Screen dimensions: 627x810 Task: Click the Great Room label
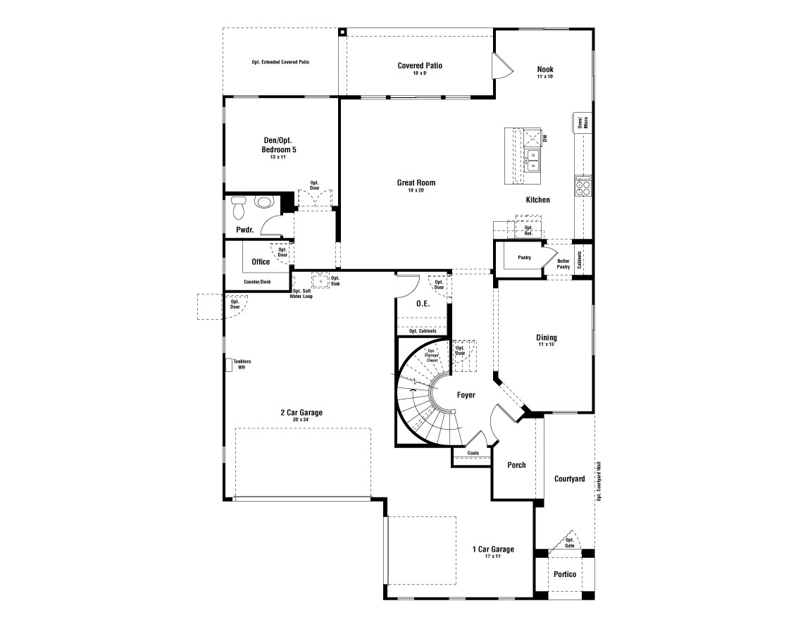coord(416,183)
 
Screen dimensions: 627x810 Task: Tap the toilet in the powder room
coord(238,206)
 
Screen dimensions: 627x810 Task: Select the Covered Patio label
coord(420,66)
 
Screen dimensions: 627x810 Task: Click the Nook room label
coord(545,70)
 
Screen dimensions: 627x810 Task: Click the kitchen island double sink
coord(533,161)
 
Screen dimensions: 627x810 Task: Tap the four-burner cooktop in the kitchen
coord(583,186)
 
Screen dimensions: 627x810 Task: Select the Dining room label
coord(546,338)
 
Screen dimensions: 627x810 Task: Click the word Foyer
coord(466,395)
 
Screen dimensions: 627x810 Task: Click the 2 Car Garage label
coord(301,413)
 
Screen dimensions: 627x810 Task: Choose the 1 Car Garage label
coord(492,550)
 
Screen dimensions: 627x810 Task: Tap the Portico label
coord(564,574)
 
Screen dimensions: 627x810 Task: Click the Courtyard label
coord(569,479)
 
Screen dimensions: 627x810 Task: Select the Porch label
coord(516,465)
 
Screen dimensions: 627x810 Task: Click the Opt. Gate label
coord(570,542)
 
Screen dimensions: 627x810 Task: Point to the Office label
coord(261,262)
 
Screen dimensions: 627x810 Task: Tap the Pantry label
coord(524,258)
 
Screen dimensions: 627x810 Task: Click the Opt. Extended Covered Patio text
coord(280,62)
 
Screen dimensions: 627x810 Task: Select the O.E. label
coord(423,304)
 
